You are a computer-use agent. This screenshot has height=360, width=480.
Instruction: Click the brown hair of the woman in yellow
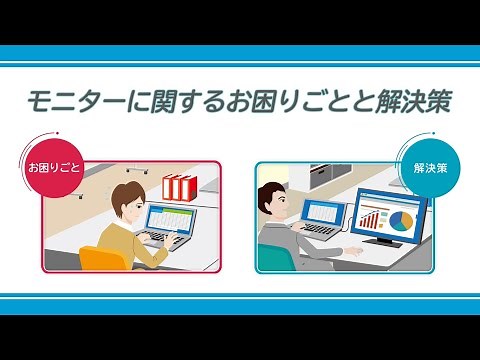(x=128, y=192)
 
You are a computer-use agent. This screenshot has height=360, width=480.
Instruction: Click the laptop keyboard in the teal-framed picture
(x=318, y=231)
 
